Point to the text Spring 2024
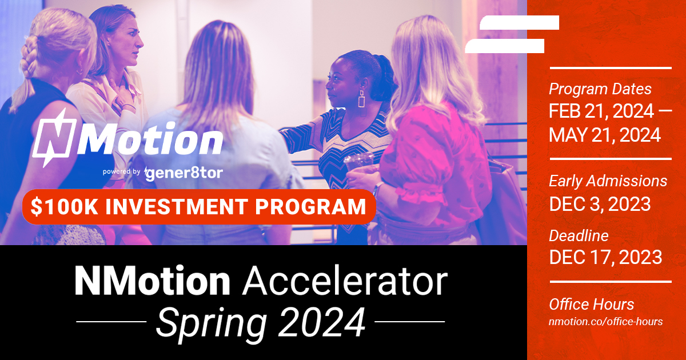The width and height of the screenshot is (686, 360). tap(261, 322)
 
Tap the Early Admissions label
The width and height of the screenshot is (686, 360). tap(608, 181)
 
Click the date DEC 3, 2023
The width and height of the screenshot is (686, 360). tap(600, 203)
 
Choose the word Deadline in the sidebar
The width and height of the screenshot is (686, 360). tap(579, 235)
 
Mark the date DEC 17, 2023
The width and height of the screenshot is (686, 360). tap(605, 257)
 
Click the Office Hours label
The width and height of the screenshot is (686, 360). tap(591, 304)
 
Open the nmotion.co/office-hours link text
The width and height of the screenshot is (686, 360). tap(605, 322)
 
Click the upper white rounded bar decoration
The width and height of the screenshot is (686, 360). tap(519, 22)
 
